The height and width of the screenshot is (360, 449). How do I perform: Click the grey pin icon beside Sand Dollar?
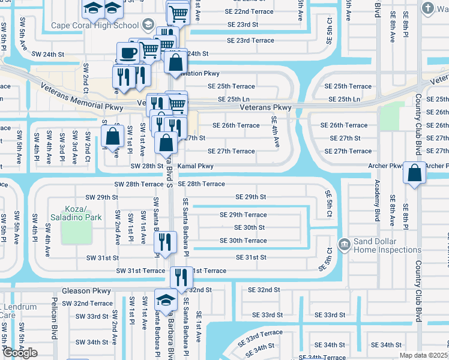(345, 244)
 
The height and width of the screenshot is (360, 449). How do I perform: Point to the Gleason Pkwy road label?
(86, 290)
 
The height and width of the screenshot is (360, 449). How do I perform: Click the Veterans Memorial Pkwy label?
(82, 97)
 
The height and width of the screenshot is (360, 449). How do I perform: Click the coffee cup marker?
(128, 53)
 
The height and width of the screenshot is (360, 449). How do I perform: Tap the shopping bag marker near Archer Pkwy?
(414, 173)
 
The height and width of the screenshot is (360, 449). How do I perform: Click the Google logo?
(19, 353)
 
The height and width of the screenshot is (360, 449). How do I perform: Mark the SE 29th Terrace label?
(243, 215)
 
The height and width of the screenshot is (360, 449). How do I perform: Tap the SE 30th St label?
(249, 227)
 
